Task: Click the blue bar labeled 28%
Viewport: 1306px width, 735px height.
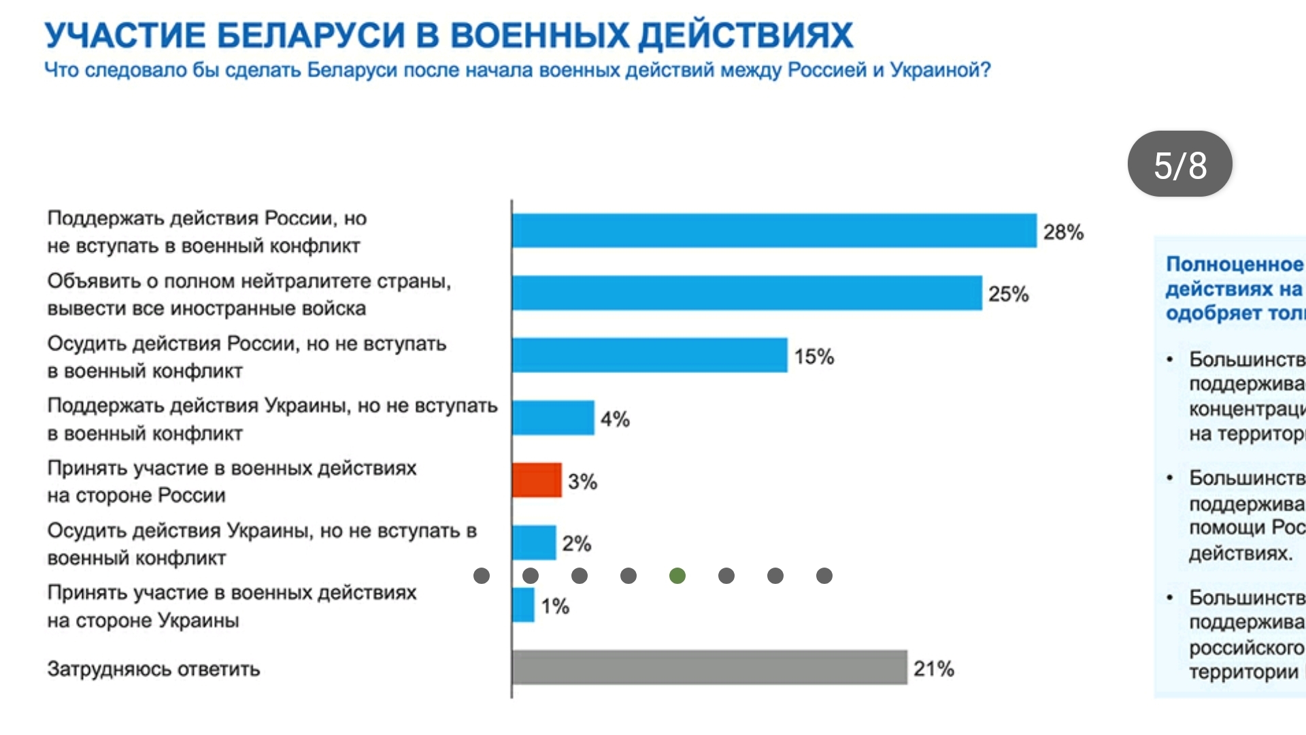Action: pos(774,231)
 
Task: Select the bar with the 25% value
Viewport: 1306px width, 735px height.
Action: pos(747,293)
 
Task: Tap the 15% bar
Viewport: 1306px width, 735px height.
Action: pos(650,355)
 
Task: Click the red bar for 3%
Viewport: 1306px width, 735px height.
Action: pos(537,480)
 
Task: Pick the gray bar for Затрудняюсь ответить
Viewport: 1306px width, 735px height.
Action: pos(709,667)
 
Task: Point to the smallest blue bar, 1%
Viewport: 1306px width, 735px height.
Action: pos(523,605)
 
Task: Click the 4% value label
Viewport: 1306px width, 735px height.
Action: pos(615,419)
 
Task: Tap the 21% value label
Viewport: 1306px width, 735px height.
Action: pos(933,669)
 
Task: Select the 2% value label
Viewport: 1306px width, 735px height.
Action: pos(576,544)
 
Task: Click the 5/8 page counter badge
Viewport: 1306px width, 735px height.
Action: pos(1179,165)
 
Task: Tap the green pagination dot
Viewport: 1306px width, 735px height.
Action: pos(677,576)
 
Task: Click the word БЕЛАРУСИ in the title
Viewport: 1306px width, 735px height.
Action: pos(312,35)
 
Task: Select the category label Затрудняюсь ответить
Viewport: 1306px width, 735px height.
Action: pos(154,670)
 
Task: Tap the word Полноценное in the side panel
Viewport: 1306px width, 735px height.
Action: pos(1234,264)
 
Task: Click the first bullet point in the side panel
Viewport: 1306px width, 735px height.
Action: pos(1170,359)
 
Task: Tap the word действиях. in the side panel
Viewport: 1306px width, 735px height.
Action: pos(1240,553)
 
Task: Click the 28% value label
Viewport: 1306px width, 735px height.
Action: pos(1063,233)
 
